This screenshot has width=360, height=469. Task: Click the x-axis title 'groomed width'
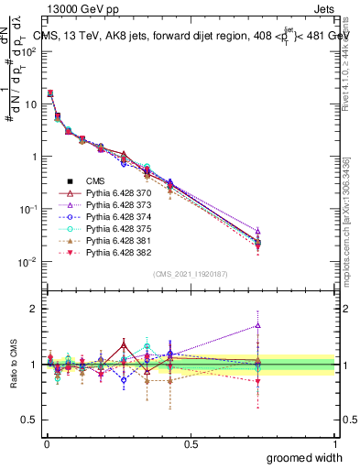[x=305, y=457]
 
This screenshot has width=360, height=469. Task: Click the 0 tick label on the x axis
[x=47, y=444]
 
